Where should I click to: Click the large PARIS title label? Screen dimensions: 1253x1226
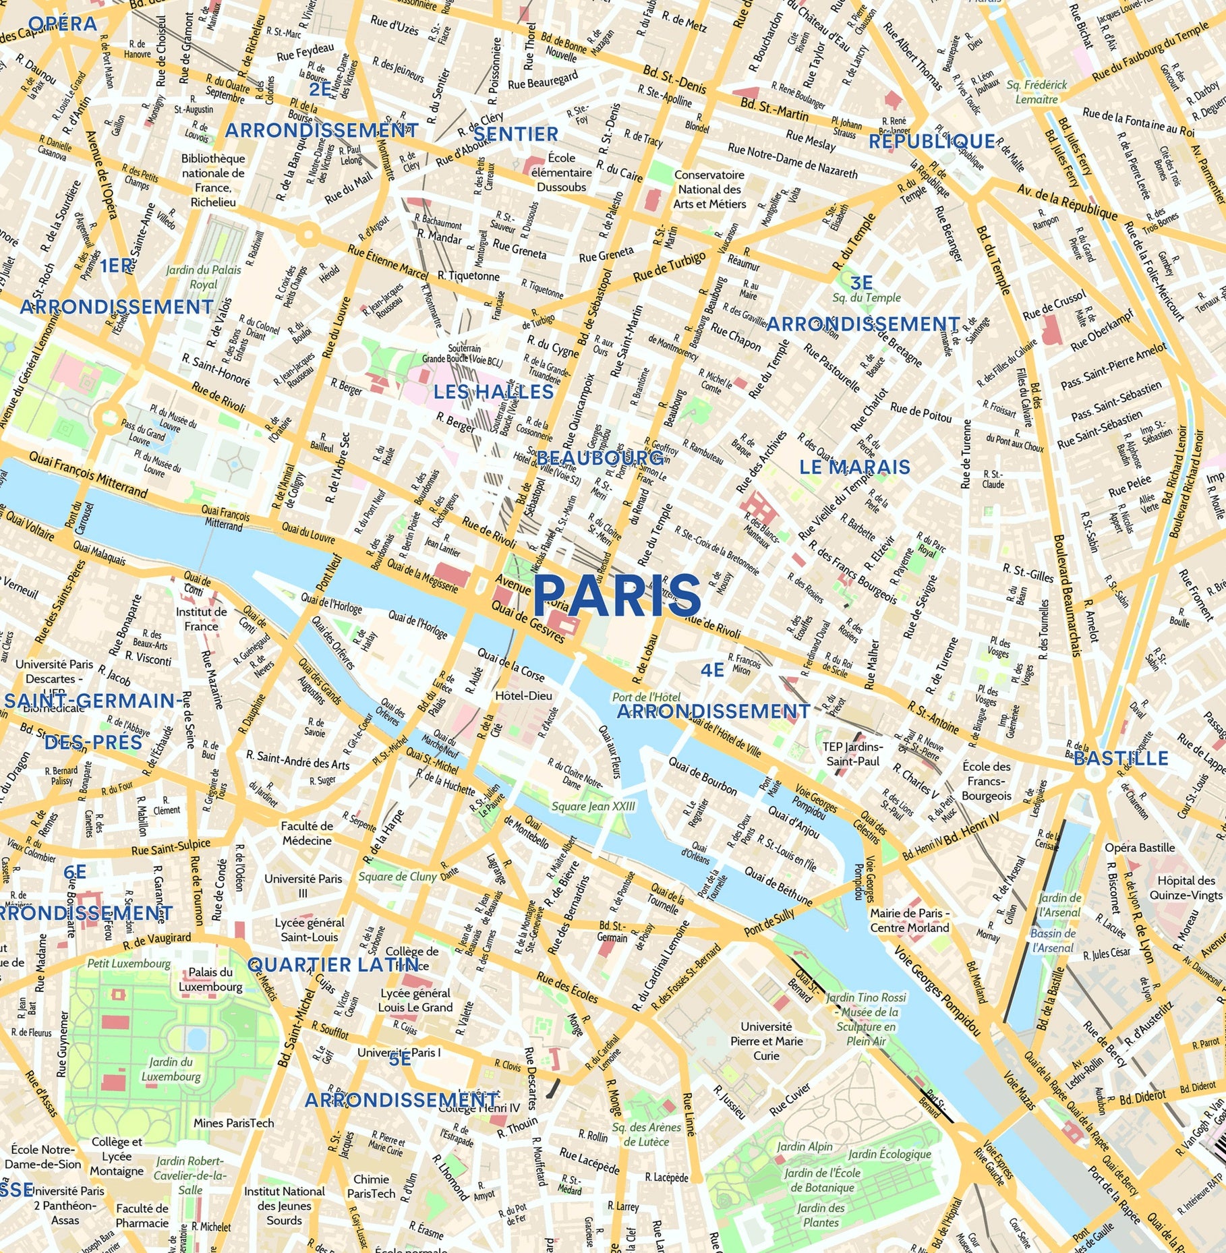pyautogui.click(x=617, y=595)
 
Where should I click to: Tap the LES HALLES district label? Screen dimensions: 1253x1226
pyautogui.click(x=493, y=392)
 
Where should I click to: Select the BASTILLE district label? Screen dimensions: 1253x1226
pyautogui.click(x=1120, y=759)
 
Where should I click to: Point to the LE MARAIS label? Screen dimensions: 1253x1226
pyautogui.click(x=854, y=467)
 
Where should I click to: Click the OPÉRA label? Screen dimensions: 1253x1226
pyautogui.click(x=63, y=24)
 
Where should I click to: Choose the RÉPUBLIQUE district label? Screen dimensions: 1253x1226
pyautogui.click(x=931, y=142)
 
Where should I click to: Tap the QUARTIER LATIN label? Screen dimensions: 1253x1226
pyautogui.click(x=333, y=965)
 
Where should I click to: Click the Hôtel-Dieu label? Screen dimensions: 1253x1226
pyautogui.click(x=523, y=695)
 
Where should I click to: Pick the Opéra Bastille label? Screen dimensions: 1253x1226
pyautogui.click(x=1140, y=848)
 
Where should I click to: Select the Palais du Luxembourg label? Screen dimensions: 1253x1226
pyautogui.click(x=210, y=979)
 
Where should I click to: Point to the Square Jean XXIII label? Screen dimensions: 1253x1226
pyautogui.click(x=593, y=806)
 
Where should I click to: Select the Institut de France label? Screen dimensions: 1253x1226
pyautogui.click(x=202, y=618)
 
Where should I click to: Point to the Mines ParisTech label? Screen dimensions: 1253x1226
pyautogui.click(x=233, y=1123)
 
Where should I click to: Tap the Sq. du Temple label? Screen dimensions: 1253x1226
pyautogui.click(x=866, y=297)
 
